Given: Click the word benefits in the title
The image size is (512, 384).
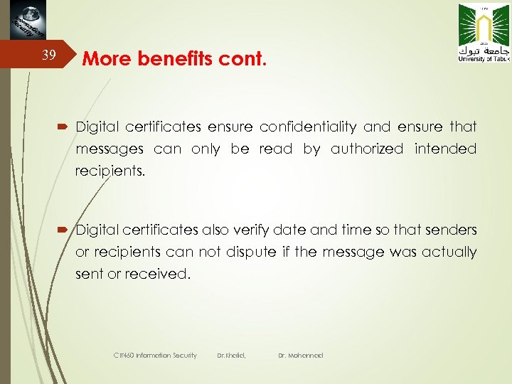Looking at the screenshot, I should point(161,59).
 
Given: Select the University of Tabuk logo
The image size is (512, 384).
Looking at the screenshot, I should point(484,33).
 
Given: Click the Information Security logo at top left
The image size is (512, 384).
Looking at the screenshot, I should point(28,22).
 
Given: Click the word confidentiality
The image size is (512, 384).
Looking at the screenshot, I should point(308,127).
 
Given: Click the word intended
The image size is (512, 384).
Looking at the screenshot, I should point(446,149).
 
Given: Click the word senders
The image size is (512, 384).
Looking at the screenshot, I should point(452,230).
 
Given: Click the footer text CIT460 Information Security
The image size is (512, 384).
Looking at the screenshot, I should point(155,355).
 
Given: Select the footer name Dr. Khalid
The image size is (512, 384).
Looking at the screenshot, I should point(231,355).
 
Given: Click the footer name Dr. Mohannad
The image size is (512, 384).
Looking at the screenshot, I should point(300,355).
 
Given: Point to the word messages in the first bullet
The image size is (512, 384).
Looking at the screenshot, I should point(110,149).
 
